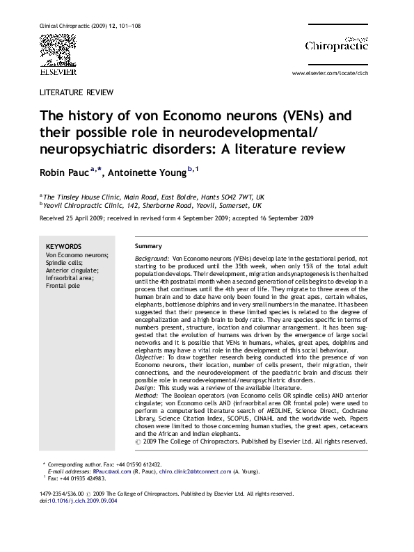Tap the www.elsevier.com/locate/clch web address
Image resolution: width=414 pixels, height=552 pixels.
(x=329, y=72)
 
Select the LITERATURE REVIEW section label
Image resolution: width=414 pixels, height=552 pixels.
(x=77, y=92)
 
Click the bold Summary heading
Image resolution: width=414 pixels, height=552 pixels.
(x=148, y=246)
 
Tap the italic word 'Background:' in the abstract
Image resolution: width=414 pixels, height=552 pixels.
(x=151, y=258)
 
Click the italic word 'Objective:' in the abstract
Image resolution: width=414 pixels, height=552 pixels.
(x=150, y=356)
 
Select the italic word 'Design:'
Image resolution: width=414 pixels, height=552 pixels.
(x=146, y=388)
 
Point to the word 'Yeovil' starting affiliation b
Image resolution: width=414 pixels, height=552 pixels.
(x=55, y=206)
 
